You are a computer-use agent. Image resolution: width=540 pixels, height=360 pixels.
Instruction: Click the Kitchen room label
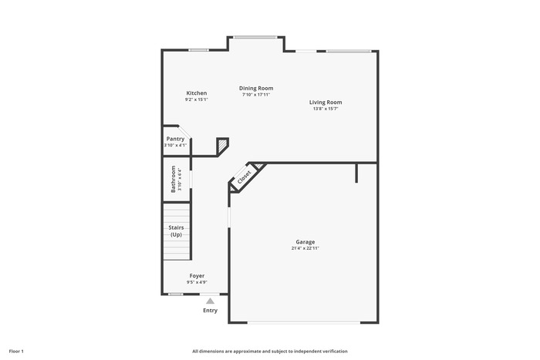point(197,93)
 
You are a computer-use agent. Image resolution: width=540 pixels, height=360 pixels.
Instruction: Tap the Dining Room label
point(256,88)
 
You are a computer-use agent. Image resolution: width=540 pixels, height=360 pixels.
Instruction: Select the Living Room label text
point(326,103)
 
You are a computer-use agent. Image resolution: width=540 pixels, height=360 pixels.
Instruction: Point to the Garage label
point(305,242)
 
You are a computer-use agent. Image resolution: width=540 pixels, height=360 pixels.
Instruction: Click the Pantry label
point(175,139)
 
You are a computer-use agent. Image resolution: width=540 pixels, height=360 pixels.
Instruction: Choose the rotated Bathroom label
point(174,179)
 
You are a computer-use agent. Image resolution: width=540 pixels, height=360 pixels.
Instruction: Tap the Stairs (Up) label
point(176,231)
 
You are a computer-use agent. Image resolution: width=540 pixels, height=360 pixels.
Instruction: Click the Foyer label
point(197,276)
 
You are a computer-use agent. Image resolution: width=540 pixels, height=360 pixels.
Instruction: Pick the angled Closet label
point(245,177)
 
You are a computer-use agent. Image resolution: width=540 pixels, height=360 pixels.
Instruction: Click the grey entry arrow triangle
point(210,301)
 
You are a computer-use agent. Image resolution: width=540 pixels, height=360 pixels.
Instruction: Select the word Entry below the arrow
point(210,311)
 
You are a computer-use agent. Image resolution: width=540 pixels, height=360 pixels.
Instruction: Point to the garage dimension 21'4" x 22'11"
point(305,248)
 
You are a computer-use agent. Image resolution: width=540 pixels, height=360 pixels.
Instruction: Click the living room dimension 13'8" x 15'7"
point(326,109)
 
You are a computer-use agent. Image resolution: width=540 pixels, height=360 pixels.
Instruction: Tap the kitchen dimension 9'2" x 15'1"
point(197,99)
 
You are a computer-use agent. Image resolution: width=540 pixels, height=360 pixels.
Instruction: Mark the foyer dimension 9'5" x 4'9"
point(197,282)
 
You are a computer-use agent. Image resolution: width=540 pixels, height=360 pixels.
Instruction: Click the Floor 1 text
point(16,352)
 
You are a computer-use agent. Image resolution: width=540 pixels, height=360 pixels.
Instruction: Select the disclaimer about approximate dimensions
point(270,352)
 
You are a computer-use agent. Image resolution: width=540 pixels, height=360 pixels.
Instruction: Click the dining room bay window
point(255,37)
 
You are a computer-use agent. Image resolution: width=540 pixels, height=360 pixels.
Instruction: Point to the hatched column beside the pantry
point(222,144)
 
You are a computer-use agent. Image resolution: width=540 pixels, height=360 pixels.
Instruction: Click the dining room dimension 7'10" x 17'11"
point(256,95)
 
